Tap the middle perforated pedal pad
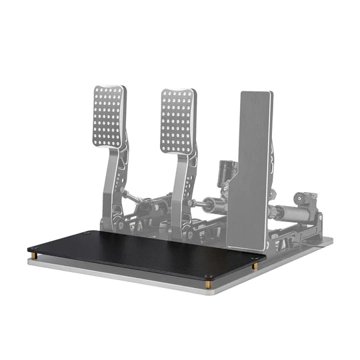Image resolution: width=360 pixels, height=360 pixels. pos(177,121)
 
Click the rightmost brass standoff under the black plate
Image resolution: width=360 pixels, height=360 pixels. pos(255,267)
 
